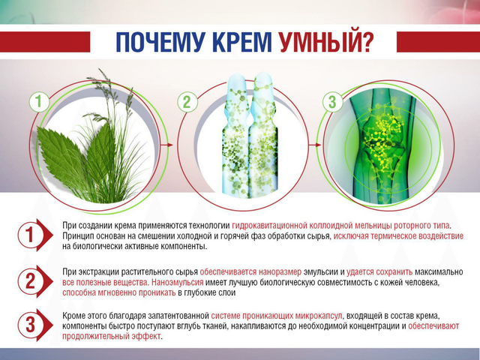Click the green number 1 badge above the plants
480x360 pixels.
(x=39, y=101)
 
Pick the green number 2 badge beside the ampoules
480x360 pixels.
(x=187, y=101)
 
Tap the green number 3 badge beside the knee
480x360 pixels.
(x=332, y=101)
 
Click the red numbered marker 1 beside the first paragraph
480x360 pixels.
(x=34, y=235)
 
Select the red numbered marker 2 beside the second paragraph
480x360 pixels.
(x=34, y=281)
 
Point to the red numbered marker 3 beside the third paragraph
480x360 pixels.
(x=34, y=325)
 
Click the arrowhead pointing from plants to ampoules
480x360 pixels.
(x=170, y=145)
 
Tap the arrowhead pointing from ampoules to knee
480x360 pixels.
(x=318, y=145)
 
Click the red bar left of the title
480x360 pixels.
(x=45, y=42)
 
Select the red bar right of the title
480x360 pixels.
(x=438, y=42)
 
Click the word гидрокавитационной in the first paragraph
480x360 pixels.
(x=269, y=226)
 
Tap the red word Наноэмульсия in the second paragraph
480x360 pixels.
(x=177, y=282)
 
